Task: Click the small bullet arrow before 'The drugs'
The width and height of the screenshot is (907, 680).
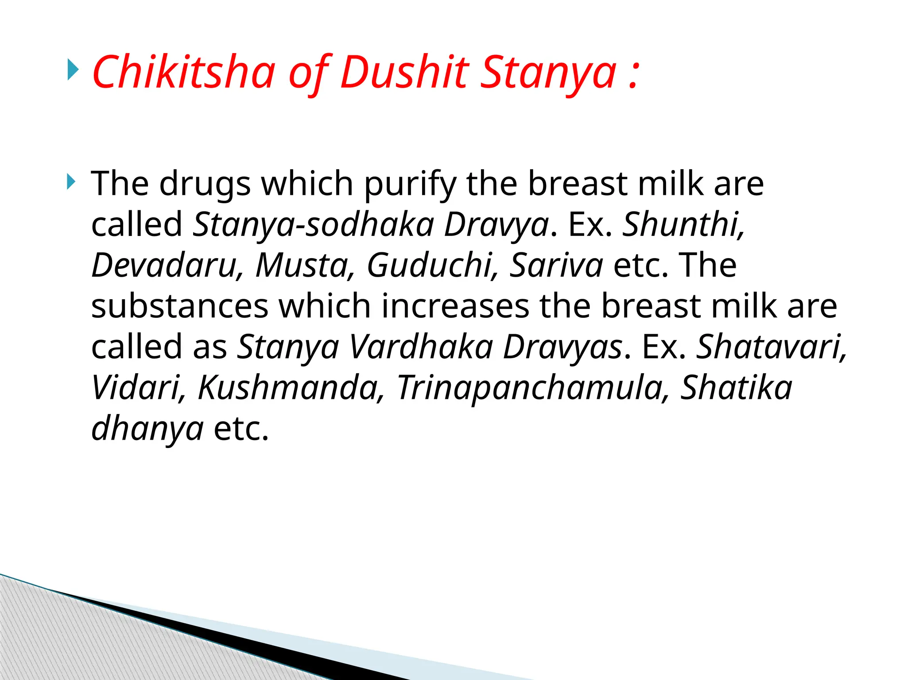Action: (71, 182)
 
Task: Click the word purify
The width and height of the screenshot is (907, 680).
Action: (410, 184)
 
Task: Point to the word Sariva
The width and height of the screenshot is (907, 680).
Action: (556, 265)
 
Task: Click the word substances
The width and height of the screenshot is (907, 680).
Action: (180, 306)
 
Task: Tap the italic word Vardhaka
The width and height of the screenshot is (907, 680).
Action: (421, 347)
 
